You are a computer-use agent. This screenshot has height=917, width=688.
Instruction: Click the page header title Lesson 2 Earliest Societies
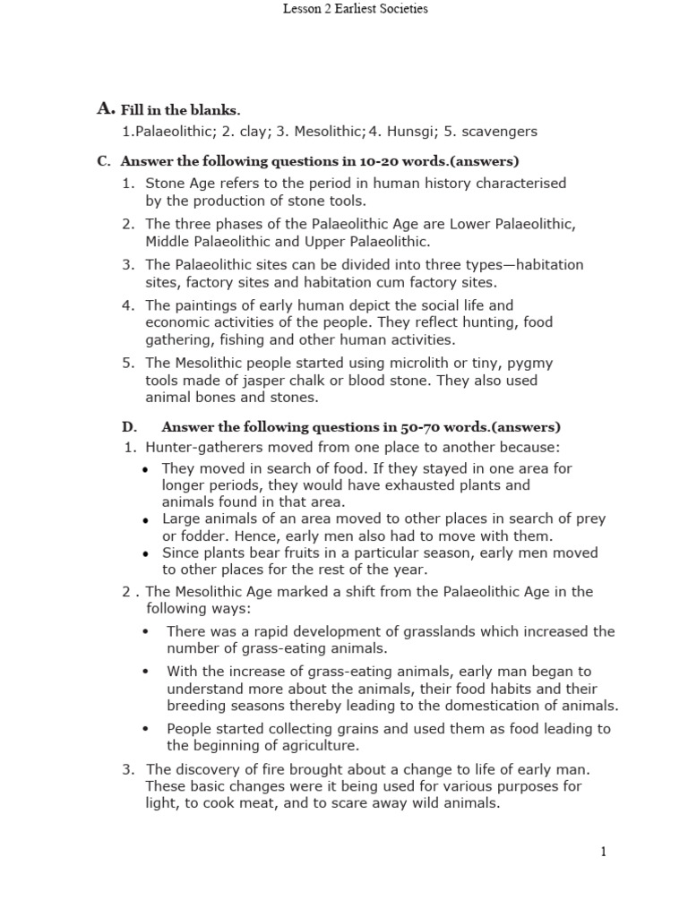point(356,9)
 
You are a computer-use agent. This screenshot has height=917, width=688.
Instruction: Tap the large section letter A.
point(105,109)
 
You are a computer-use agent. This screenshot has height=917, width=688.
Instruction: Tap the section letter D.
point(129,426)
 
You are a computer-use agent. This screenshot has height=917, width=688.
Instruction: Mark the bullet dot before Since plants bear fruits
point(147,554)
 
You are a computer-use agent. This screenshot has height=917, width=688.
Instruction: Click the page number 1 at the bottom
point(604,852)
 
